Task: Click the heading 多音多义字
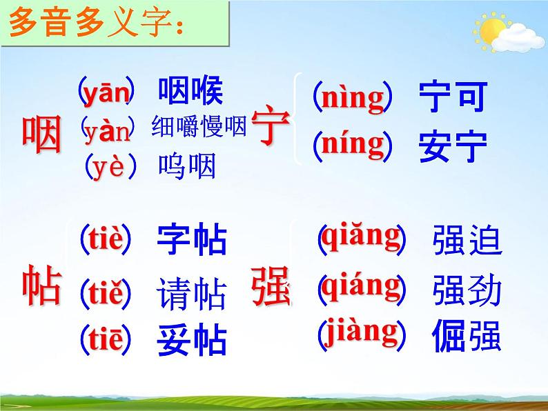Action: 96,28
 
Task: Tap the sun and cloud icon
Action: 502,32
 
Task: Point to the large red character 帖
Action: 42,286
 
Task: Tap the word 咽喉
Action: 191,91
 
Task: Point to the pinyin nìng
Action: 353,98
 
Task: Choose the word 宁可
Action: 453,97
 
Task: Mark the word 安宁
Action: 453,146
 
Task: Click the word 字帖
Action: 192,239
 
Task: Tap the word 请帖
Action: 192,294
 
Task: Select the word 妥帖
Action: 192,340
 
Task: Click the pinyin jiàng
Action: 361,332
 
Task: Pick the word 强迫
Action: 467,241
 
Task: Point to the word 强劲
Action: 467,290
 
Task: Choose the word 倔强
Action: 467,336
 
